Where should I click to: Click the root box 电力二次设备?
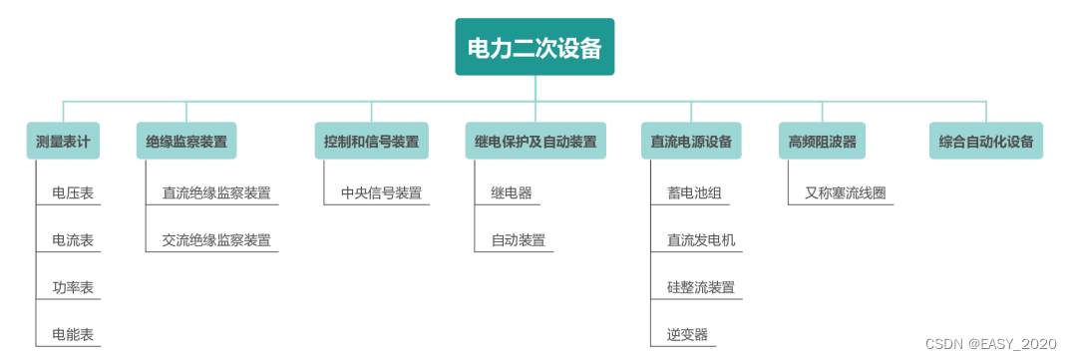pyautogui.click(x=535, y=47)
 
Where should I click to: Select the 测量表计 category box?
pyautogui.click(x=63, y=142)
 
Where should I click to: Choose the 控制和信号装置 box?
pyautogui.click(x=371, y=142)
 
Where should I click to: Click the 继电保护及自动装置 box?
pyautogui.click(x=536, y=142)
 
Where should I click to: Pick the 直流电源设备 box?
pyautogui.click(x=690, y=142)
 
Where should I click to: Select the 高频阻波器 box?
pyautogui.click(x=822, y=142)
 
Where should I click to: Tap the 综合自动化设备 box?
pyautogui.click(x=986, y=142)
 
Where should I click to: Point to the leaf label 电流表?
pyautogui.click(x=74, y=240)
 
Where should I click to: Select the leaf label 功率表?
pyautogui.click(x=74, y=287)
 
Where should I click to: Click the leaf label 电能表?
pyautogui.click(x=74, y=334)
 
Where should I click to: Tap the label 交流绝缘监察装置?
pyautogui.click(x=216, y=240)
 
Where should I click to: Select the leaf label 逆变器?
pyautogui.click(x=687, y=334)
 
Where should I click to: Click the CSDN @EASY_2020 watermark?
pyautogui.click(x=990, y=343)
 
